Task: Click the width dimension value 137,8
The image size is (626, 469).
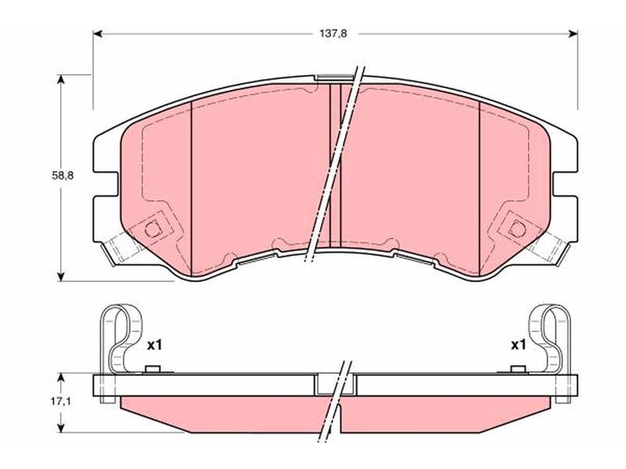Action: (x=333, y=34)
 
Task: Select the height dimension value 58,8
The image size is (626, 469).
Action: (x=63, y=175)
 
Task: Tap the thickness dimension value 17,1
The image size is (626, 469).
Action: (x=60, y=402)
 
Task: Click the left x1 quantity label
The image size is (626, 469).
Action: (x=154, y=345)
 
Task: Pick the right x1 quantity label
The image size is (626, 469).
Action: (x=519, y=345)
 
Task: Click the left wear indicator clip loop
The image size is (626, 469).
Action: (x=120, y=339)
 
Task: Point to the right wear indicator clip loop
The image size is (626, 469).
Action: (x=550, y=339)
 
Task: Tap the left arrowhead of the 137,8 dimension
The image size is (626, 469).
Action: (x=98, y=34)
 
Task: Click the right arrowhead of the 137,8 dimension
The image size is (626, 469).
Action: (x=573, y=34)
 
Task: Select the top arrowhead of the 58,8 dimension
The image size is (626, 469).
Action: (x=61, y=80)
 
